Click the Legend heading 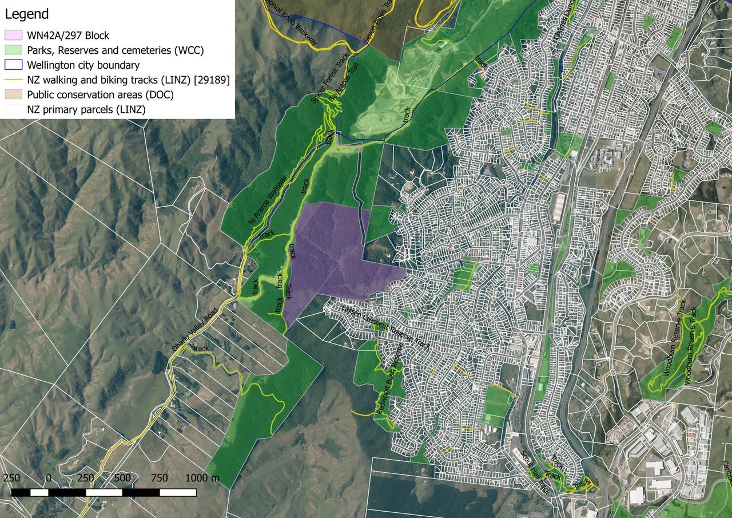(x=27, y=14)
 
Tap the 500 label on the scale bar (x=122, y=478)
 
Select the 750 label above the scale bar (x=160, y=478)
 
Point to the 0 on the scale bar (x=48, y=478)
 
